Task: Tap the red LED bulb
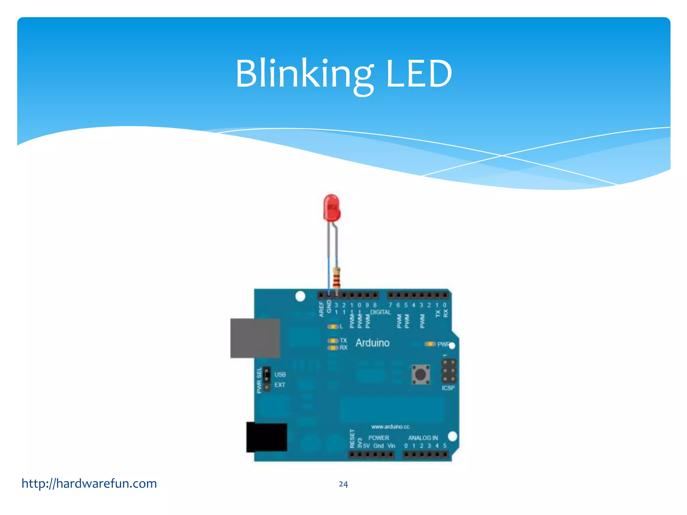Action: coord(332,208)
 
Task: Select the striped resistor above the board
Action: coord(336,278)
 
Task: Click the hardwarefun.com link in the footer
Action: coord(89,483)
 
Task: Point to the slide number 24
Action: coord(343,484)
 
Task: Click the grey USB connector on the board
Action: coord(255,338)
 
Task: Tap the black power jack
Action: coord(267,437)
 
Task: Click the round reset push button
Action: coord(421,374)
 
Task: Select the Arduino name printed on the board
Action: coord(372,343)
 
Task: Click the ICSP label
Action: coord(448,388)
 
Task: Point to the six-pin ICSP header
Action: coord(448,371)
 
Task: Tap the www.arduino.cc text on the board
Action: coord(390,427)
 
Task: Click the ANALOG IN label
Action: coord(423,438)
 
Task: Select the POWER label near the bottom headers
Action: coord(379,438)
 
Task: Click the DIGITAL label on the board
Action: coord(380,312)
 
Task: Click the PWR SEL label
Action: coord(259,381)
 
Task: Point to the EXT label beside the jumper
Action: coord(280,385)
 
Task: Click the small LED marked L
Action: coord(333,327)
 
